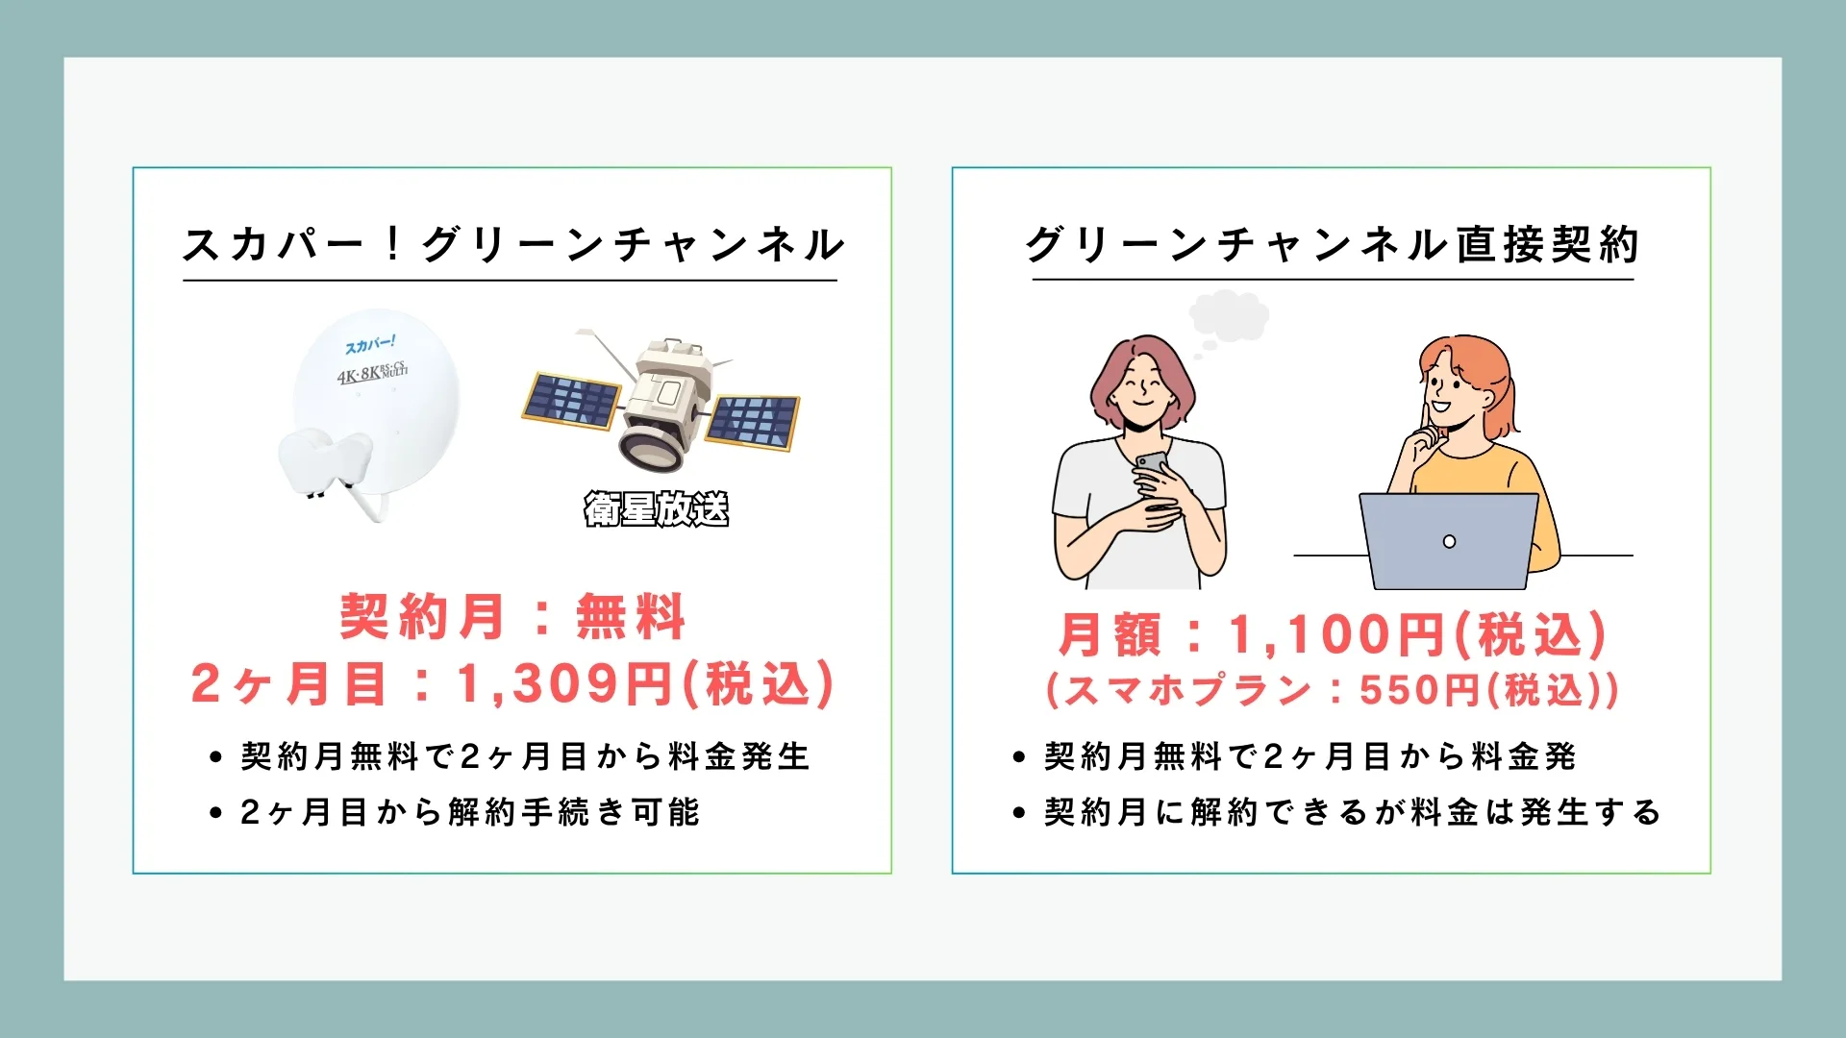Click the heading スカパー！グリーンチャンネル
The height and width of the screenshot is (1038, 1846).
pyautogui.click(x=512, y=244)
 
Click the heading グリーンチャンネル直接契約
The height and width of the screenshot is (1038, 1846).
pyautogui.click(x=1332, y=244)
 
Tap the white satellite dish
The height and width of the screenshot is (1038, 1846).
pyautogui.click(x=370, y=413)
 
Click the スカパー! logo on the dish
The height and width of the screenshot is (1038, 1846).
pyautogui.click(x=371, y=344)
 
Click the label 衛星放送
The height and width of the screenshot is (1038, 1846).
pyautogui.click(x=657, y=508)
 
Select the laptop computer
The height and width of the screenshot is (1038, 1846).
pyautogui.click(x=1448, y=541)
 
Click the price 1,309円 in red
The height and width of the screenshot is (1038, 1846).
pyautogui.click(x=565, y=684)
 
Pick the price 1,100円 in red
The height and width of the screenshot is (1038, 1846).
pyautogui.click(x=1337, y=634)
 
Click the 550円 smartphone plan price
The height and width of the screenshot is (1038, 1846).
pyautogui.click(x=1420, y=690)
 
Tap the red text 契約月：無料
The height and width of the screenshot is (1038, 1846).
pyautogui.click(x=512, y=616)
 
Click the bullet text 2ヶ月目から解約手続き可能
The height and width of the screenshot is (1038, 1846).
pyautogui.click(x=470, y=812)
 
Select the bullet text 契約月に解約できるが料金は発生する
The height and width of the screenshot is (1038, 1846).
pyautogui.click(x=1353, y=812)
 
